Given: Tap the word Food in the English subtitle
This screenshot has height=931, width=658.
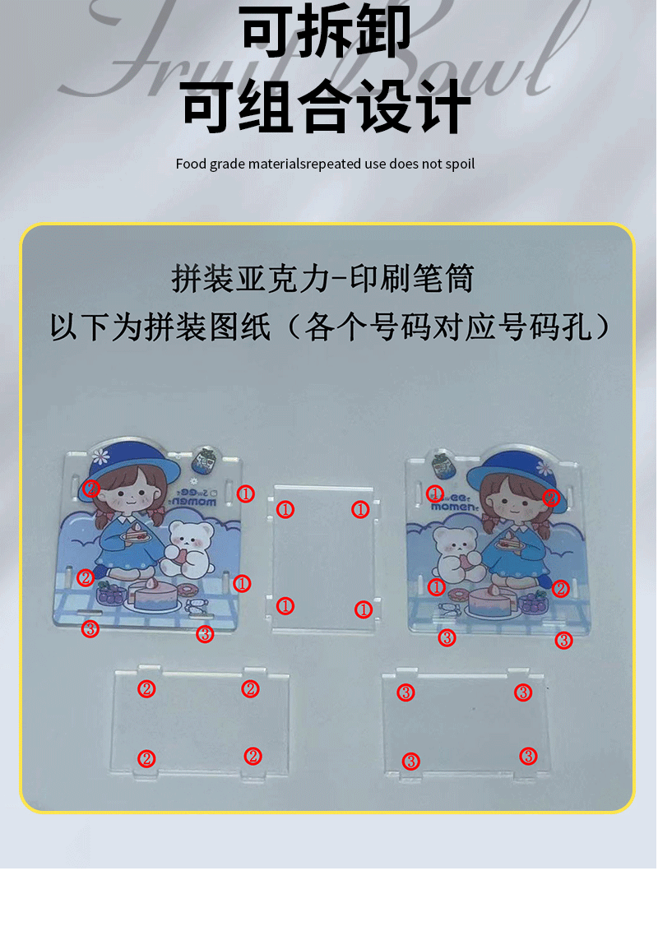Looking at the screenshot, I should (191, 164).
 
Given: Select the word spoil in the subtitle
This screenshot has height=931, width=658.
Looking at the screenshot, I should (459, 164).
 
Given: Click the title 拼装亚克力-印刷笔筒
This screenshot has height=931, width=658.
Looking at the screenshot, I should (322, 279).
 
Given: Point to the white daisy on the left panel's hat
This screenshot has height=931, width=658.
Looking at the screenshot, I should (101, 454).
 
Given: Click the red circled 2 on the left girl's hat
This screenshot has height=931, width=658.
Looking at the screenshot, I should (91, 488).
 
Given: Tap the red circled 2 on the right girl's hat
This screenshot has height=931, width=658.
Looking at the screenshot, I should (551, 497).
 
